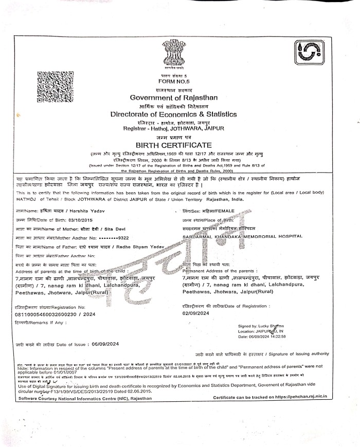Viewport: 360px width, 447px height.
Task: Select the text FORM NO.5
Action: coord(173,81)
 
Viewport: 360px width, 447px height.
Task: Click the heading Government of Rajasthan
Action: coord(174,97)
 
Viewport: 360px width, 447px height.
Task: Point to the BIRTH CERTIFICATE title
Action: coord(174,145)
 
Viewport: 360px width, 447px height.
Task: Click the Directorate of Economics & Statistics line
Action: coord(173,114)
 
